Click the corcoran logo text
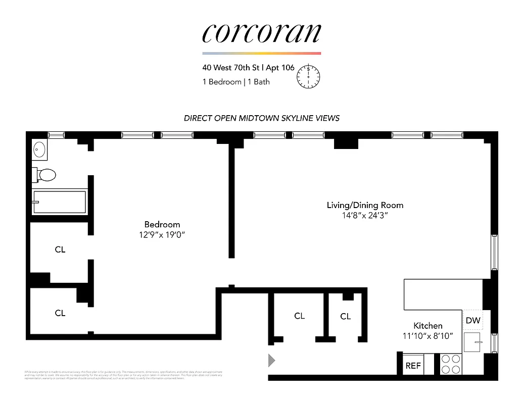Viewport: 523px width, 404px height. [x=261, y=33]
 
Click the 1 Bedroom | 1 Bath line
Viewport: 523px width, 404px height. [x=236, y=82]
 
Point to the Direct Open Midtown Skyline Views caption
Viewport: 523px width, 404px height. [x=261, y=118]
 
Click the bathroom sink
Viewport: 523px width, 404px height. [x=39, y=149]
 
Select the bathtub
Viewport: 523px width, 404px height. [x=59, y=202]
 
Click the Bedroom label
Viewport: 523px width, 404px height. [x=162, y=224]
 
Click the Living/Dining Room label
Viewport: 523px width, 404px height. [x=365, y=205]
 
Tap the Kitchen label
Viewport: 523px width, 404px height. [x=427, y=326]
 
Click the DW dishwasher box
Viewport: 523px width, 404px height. [x=473, y=320]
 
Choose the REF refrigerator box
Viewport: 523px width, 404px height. [x=413, y=366]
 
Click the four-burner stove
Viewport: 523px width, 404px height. [x=450, y=364]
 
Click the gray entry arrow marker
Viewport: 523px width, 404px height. [x=271, y=360]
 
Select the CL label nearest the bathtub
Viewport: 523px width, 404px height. [x=60, y=249]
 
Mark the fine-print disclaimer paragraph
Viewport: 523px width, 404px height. [x=123, y=375]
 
